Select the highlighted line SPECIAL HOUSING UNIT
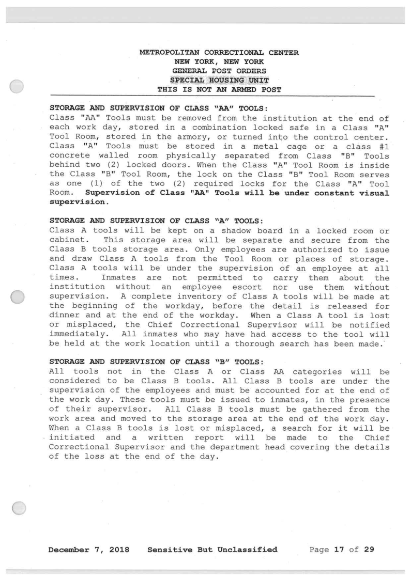coord(219,80)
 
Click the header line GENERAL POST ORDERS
coord(219,71)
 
